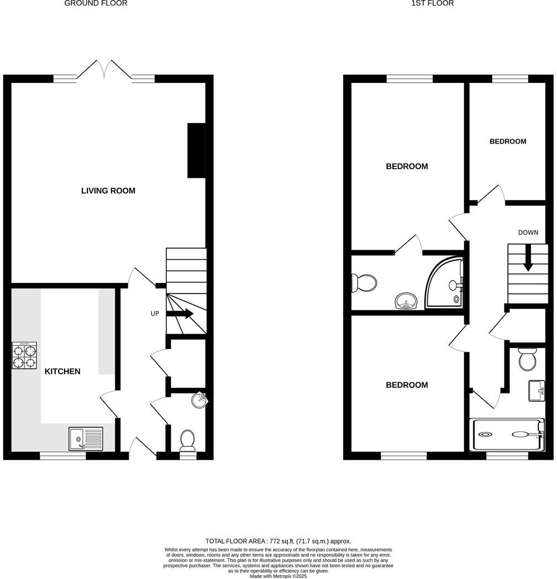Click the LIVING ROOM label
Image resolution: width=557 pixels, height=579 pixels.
(108, 191)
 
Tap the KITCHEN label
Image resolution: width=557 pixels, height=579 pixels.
(62, 372)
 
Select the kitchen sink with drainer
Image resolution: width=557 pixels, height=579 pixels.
(86, 439)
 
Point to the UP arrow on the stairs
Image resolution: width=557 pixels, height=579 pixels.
(180, 314)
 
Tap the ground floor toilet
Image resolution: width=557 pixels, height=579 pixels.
(188, 440)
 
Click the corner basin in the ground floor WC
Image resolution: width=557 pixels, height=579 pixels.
(200, 400)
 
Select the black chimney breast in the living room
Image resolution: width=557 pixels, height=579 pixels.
(196, 150)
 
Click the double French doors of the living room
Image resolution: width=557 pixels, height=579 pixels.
(104, 70)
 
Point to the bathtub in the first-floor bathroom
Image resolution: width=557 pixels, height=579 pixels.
(507, 434)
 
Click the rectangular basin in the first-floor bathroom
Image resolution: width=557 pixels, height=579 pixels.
(537, 391)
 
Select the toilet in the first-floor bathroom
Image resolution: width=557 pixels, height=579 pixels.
(527, 360)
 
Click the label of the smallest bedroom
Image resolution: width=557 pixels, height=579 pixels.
(508, 141)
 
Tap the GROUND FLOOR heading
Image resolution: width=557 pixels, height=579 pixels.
(96, 3)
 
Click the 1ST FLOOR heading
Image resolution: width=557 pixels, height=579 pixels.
(425, 3)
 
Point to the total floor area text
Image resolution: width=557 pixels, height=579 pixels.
(278, 541)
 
